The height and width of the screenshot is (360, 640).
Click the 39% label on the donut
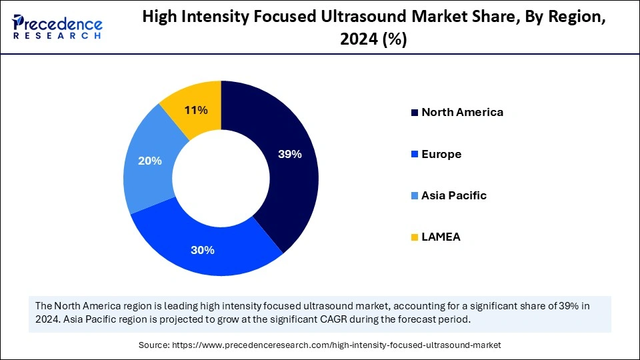(289, 154)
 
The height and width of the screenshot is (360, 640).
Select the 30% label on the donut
(203, 250)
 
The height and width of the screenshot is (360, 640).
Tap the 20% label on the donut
(150, 161)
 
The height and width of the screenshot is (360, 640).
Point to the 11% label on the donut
(196, 110)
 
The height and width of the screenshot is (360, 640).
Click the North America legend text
(462, 112)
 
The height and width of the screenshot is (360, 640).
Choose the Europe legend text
(441, 154)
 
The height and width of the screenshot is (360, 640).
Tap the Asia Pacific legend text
(453, 195)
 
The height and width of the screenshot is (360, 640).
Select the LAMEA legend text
(441, 237)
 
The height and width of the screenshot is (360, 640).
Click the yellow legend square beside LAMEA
(415, 237)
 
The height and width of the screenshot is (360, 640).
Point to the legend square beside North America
(415, 113)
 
